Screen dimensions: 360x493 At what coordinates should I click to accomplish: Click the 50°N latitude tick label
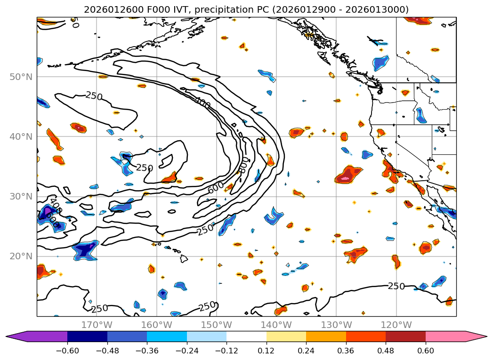pyautogui.click(x=21, y=77)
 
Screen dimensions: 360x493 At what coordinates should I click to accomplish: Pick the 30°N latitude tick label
pyautogui.click(x=21, y=197)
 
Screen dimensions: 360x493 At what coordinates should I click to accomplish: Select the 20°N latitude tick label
pyautogui.click(x=21, y=256)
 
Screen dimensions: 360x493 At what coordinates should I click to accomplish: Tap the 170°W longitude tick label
pyautogui.click(x=97, y=325)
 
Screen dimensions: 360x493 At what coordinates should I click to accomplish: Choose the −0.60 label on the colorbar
pyautogui.click(x=67, y=350)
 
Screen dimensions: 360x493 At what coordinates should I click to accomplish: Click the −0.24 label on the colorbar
pyautogui.click(x=186, y=350)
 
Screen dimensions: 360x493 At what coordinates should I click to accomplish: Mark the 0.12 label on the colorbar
pyautogui.click(x=267, y=350)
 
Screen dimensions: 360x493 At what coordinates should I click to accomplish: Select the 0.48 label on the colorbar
pyautogui.click(x=386, y=350)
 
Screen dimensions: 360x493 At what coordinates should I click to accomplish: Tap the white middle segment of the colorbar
pyautogui.click(x=246, y=336)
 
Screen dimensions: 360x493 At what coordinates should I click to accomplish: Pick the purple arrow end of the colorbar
pyautogui.click(x=38, y=336)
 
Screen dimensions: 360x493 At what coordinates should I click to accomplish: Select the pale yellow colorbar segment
pyautogui.click(x=286, y=336)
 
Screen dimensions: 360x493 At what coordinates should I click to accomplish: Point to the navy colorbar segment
pyautogui.click(x=87, y=336)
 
